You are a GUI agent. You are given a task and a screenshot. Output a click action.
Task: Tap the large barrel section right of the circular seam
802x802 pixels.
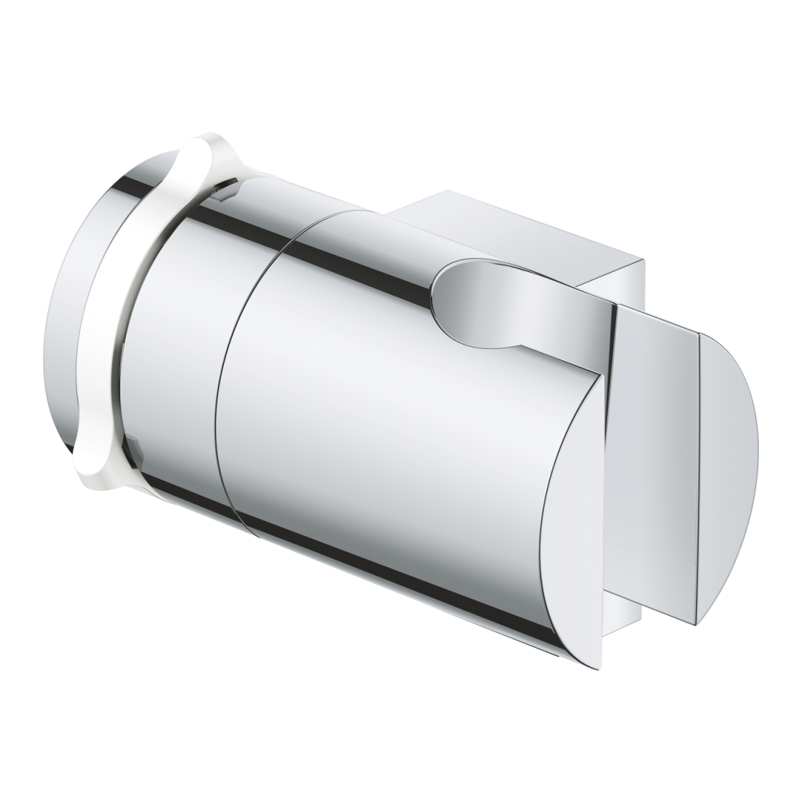tap(385, 417)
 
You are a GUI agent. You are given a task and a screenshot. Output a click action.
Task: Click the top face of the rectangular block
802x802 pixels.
tap(513, 225)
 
